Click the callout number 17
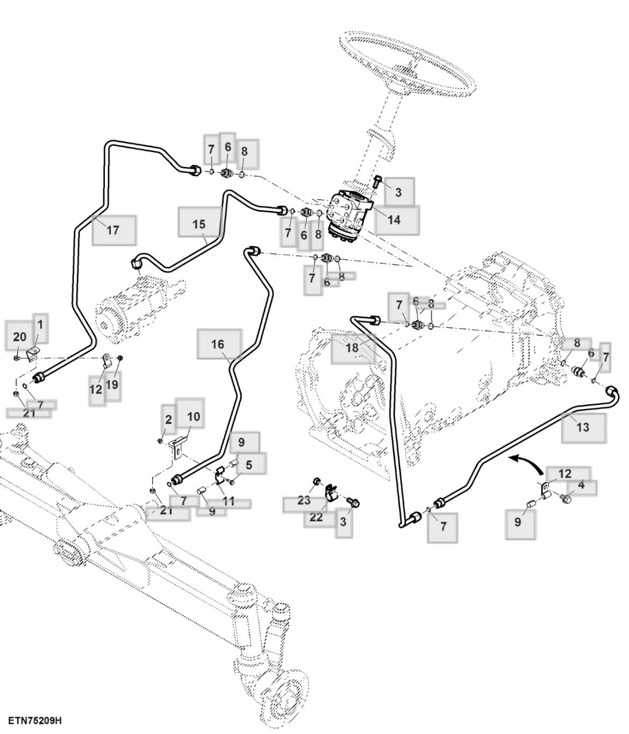coord(113,230)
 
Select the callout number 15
coord(199,224)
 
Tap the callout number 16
coord(218,344)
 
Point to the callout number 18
coord(352,348)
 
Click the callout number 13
coord(583,427)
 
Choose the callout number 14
coord(394,220)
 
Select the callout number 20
coord(20,337)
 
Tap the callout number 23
coord(304,500)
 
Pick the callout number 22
coord(316,517)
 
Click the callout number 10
coord(193,416)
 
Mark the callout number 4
coord(581,485)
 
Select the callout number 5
coord(249,465)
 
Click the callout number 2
coord(168,419)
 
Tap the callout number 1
coord(40,325)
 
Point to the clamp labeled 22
coord(331,493)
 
